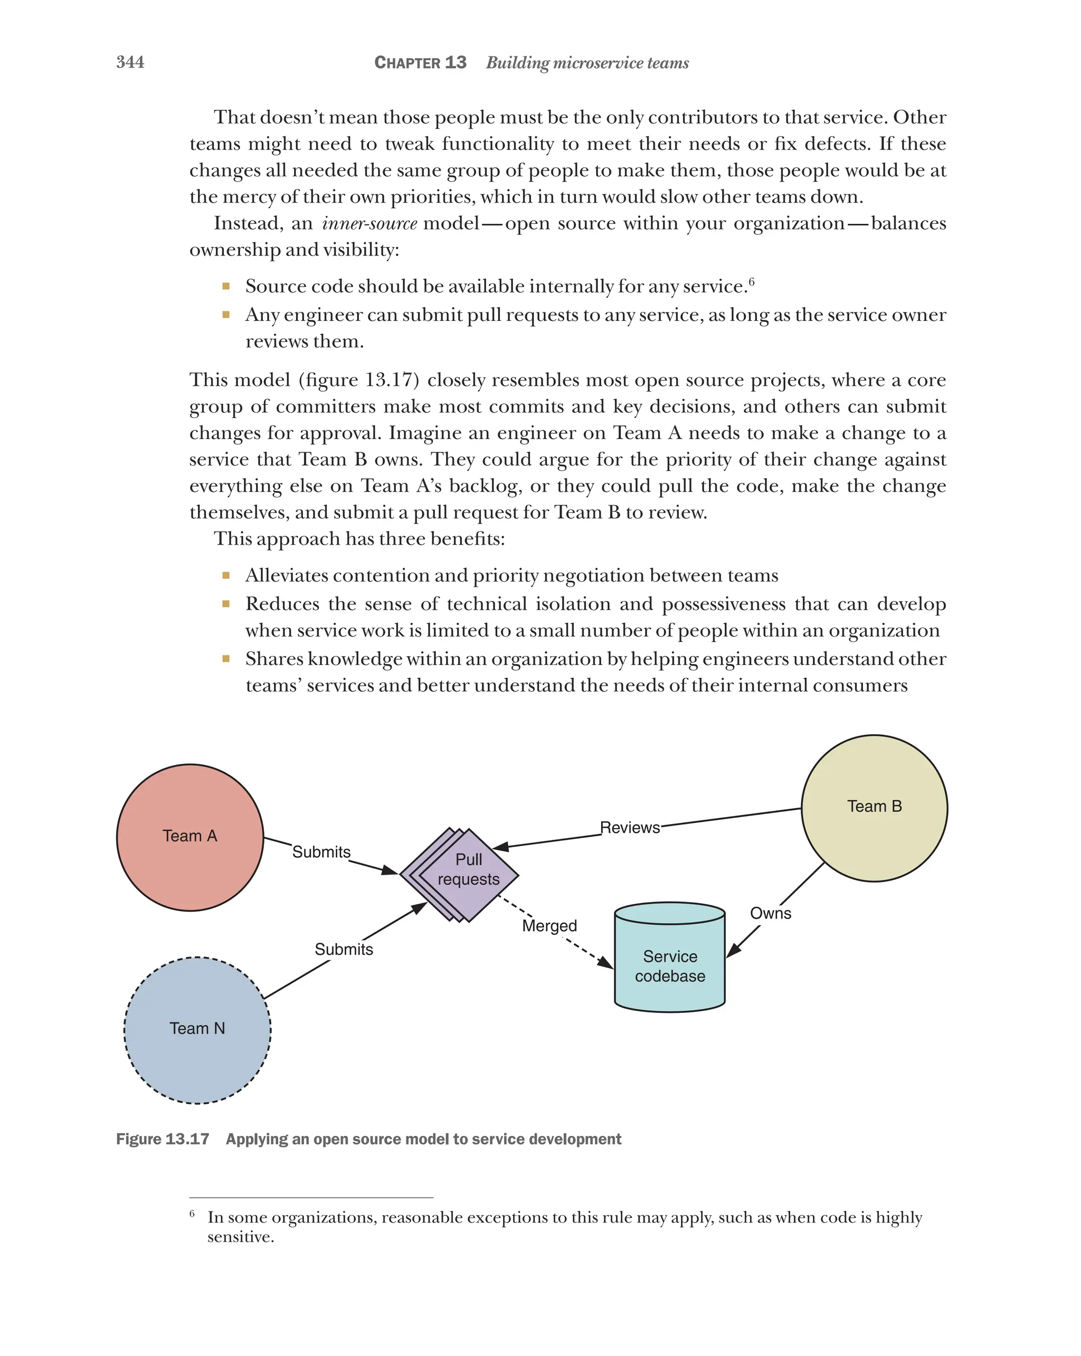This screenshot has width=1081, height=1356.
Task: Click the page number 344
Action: (130, 62)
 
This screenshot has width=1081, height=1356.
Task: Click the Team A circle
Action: (190, 837)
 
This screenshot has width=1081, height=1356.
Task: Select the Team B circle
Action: (874, 808)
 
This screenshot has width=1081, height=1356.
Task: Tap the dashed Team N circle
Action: (197, 1030)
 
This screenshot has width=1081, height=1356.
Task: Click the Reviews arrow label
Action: (630, 828)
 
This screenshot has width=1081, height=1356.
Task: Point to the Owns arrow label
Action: (770, 913)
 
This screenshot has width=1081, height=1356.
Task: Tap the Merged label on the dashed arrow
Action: (549, 925)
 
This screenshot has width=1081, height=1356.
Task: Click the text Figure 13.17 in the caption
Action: (162, 1139)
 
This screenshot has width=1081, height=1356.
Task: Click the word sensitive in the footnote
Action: (240, 1237)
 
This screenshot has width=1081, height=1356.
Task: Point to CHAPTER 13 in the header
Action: (420, 62)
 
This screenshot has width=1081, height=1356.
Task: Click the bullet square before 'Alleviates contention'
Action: (226, 575)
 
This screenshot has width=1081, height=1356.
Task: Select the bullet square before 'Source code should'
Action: (226, 286)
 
